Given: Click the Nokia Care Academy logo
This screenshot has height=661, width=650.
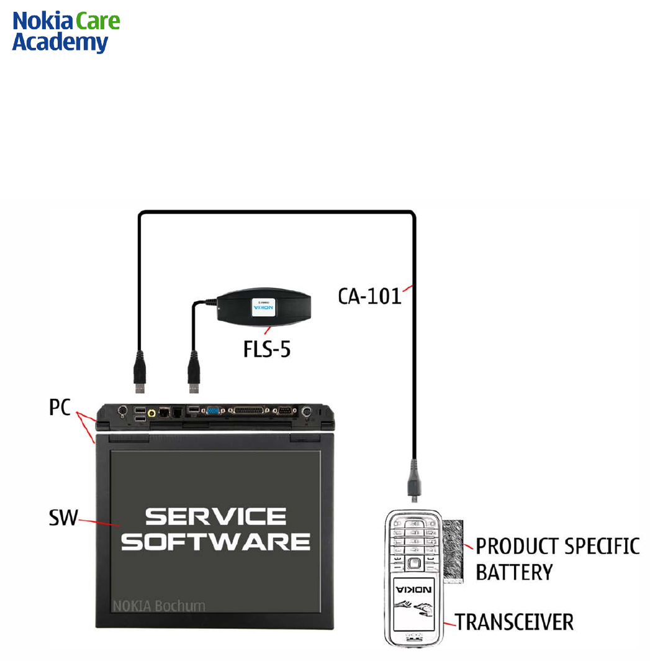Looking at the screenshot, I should (66, 32).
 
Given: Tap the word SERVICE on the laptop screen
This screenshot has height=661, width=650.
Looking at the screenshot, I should (216, 517).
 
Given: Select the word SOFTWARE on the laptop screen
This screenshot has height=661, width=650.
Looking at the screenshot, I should (216, 541).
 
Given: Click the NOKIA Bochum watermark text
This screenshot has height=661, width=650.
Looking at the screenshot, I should (159, 606).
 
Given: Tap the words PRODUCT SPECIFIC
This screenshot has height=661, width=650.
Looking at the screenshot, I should (557, 546).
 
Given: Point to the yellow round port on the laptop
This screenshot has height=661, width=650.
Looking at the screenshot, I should (151, 411).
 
